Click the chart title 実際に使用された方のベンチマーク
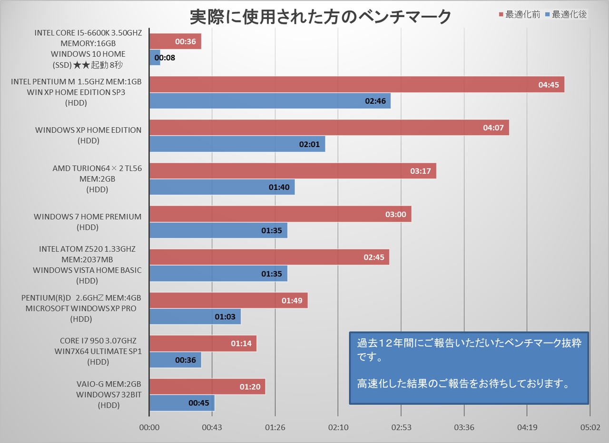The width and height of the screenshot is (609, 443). tap(320, 17)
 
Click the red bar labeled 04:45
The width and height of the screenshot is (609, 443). tap(357, 85)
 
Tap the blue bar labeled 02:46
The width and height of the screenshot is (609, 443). tap(270, 101)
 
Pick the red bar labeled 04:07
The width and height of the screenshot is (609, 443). tap(329, 128)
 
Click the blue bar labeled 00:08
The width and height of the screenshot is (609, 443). tap(155, 58)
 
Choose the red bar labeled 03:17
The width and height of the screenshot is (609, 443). tap(293, 171)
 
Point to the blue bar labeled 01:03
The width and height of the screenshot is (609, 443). tap(195, 316)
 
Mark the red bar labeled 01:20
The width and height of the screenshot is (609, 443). tap(207, 386)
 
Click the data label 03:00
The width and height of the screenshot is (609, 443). tap(396, 214)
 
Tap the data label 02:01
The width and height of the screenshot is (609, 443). tap(309, 144)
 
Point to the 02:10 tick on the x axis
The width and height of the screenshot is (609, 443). tap(338, 427)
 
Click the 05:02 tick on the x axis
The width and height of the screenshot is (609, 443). tap(589, 427)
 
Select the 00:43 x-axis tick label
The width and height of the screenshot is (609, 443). tap(212, 427)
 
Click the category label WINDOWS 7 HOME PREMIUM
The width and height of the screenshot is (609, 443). tap(88, 217)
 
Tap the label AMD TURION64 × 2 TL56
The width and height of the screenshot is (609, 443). tap(97, 168)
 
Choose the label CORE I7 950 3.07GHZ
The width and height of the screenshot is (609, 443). tap(98, 341)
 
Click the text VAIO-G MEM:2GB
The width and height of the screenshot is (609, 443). tap(108, 384)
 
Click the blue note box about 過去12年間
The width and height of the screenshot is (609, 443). tap(469, 368)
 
